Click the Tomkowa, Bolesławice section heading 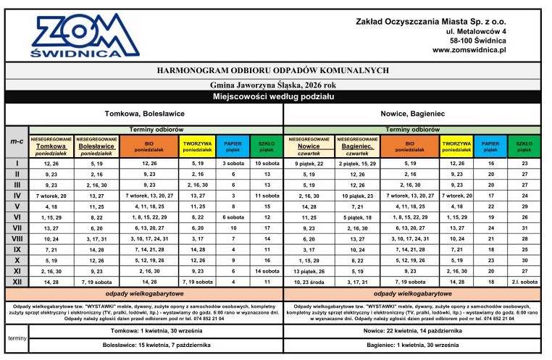143,114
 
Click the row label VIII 16,238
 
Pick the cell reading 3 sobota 233,164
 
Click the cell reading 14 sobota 267,270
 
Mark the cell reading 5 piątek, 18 357,217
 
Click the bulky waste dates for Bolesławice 143,346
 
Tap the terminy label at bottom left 16,338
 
